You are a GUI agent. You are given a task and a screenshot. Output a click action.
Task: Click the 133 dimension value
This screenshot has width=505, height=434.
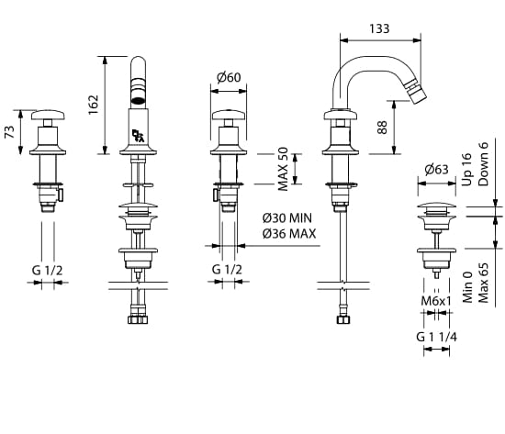click(x=379, y=28)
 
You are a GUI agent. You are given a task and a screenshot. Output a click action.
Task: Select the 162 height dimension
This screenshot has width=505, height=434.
click(x=94, y=105)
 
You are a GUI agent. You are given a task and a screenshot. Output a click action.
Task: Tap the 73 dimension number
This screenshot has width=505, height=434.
click(x=10, y=132)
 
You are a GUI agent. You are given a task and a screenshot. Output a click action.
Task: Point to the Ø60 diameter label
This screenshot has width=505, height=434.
click(x=229, y=77)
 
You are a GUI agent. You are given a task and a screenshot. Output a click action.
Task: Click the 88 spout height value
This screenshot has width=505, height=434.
click(x=382, y=128)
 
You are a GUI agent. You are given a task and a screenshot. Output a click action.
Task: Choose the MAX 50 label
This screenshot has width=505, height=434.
click(x=283, y=169)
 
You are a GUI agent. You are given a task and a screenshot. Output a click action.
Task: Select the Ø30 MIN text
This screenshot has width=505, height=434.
click(x=287, y=218)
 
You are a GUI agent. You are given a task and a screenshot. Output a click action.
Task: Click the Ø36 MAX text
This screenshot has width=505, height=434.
click(x=289, y=233)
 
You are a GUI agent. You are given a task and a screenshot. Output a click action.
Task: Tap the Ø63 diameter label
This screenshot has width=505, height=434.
click(x=436, y=170)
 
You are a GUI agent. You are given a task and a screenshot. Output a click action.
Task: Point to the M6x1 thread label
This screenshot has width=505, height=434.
click(x=436, y=301)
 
